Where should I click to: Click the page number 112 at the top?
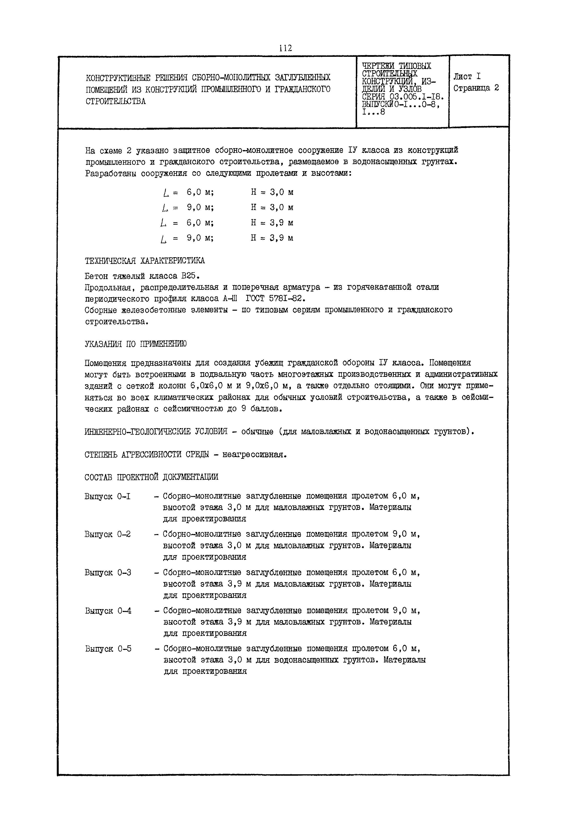pos(285,48)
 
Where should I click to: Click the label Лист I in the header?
pos(467,76)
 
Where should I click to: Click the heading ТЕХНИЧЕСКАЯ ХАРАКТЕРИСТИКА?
pos(145,261)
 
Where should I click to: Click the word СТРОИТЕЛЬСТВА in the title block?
pos(116,101)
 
